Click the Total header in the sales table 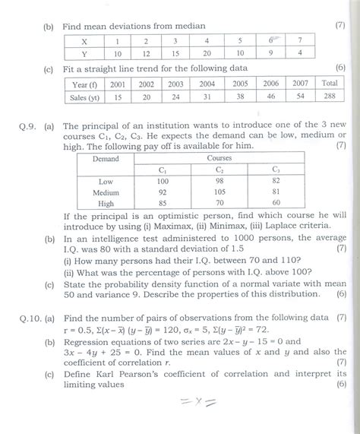(x=330, y=83)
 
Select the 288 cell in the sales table (x=330, y=97)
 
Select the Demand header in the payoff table (x=106, y=158)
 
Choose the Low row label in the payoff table (x=106, y=182)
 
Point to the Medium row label (x=106, y=192)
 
